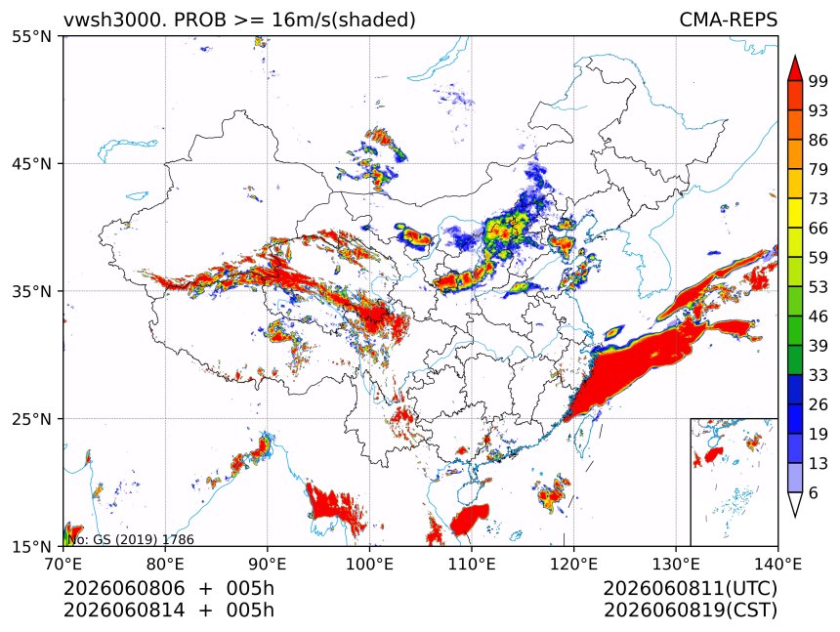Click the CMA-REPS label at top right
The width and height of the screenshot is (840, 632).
coord(728,20)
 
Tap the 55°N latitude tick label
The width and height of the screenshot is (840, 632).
coord(31,37)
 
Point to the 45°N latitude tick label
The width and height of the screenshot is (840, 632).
coord(31,163)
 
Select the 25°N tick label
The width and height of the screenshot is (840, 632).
coord(31,418)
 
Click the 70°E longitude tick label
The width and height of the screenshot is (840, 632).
coord(63,564)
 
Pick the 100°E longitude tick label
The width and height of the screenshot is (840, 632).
coord(369,564)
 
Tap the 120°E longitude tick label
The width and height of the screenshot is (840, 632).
coord(573,564)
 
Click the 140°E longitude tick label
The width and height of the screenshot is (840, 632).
coord(777,564)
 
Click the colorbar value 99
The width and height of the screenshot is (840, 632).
coord(819,81)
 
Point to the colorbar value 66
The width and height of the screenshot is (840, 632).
coord(819,229)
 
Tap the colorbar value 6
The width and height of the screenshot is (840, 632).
coord(814,492)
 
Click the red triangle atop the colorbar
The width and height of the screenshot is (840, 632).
coord(795,68)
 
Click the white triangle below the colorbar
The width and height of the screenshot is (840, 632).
coord(795,504)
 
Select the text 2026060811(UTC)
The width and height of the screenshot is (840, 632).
coord(690,588)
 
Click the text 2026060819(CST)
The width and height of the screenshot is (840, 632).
coord(690,611)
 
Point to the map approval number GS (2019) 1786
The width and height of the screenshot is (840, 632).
coord(144,539)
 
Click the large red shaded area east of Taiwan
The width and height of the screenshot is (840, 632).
coord(632,369)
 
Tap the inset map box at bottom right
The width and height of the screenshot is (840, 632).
coord(734,482)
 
